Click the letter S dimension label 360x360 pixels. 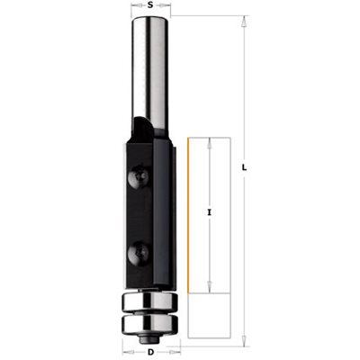click(x=151, y=4)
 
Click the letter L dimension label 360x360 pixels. click(x=245, y=168)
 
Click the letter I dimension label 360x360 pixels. click(x=210, y=212)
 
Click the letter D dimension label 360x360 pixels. click(x=151, y=352)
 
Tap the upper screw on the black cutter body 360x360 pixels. click(x=138, y=176)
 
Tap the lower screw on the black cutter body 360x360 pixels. click(x=139, y=252)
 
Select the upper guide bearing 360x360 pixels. click(x=150, y=302)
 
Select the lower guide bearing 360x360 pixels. click(x=150, y=323)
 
